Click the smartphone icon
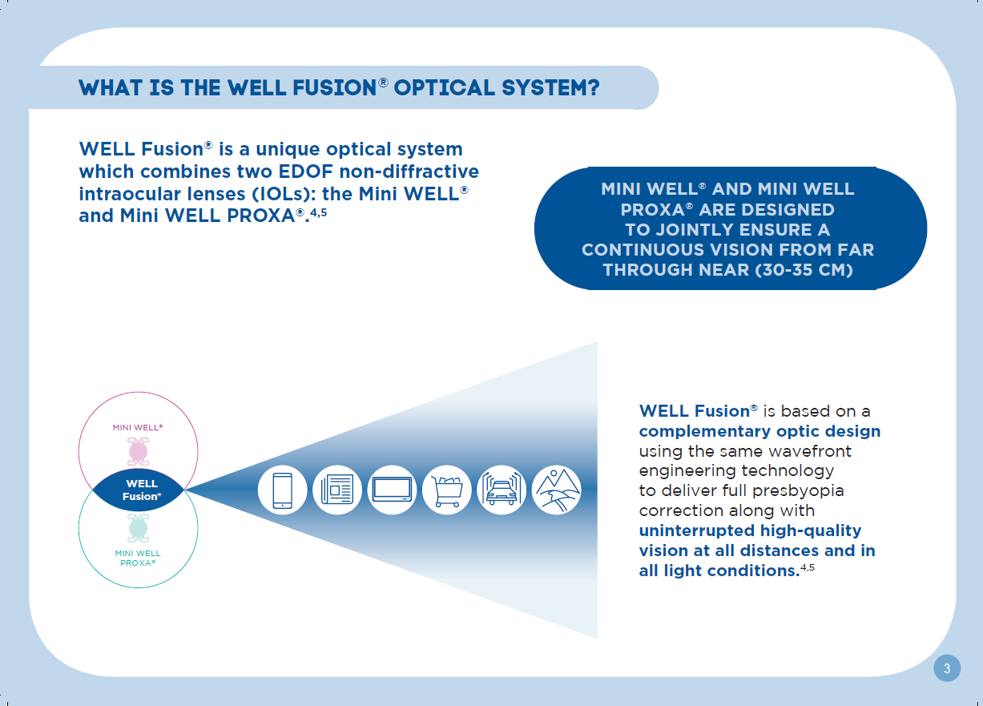pos(282,490)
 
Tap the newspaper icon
pos(337,490)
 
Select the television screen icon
pos(392,490)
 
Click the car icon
pos(502,490)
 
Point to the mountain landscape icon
pos(557,490)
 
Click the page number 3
pos(947,668)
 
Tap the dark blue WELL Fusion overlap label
pos(141,490)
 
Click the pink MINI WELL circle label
pos(138,427)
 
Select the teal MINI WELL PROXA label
pos(138,558)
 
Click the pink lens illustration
pos(139,451)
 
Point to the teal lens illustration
pos(139,528)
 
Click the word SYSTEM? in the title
pos(550,88)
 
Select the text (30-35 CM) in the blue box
pos(804,269)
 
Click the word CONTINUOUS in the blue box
pos(643,250)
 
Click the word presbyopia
pos(793,491)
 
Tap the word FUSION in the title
pos(335,88)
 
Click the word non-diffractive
pos(409,171)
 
